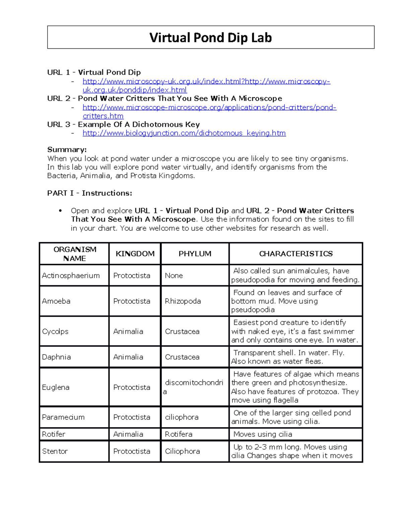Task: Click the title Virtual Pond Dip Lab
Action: pyautogui.click(x=210, y=38)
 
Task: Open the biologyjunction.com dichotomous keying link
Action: pyautogui.click(x=184, y=133)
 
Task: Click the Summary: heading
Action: pyautogui.click(x=67, y=150)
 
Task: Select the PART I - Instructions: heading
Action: pyautogui.click(x=89, y=193)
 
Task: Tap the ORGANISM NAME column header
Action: pyautogui.click(x=75, y=254)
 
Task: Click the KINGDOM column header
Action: pyautogui.click(x=135, y=254)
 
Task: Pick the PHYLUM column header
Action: pyautogui.click(x=195, y=254)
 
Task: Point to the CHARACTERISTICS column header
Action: pyautogui.click(x=296, y=254)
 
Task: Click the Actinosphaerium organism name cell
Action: pyautogui.click(x=71, y=276)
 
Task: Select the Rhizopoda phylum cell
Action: pyautogui.click(x=183, y=301)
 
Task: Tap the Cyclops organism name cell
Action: pyautogui.click(x=55, y=331)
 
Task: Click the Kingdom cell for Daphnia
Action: pyautogui.click(x=128, y=357)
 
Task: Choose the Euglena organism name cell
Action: pyautogui.click(x=56, y=387)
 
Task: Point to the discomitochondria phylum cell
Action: pyautogui.click(x=194, y=387)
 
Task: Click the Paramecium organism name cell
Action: pyautogui.click(x=63, y=417)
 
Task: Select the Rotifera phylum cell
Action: pyautogui.click(x=179, y=434)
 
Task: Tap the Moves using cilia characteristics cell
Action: pyautogui.click(x=263, y=434)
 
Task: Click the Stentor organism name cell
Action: pyautogui.click(x=55, y=452)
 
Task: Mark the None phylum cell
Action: pyautogui.click(x=174, y=276)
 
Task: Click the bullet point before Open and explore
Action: pyautogui.click(x=60, y=211)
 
